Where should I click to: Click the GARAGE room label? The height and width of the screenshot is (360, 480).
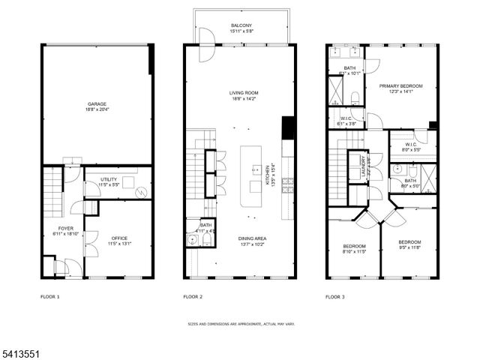coord(95,103)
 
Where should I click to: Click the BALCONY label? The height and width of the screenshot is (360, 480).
coord(241,25)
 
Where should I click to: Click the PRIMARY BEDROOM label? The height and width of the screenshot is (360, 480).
coord(400,86)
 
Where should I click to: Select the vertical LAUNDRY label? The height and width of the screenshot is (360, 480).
coord(364,165)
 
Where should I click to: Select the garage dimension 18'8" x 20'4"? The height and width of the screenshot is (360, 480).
coord(95,109)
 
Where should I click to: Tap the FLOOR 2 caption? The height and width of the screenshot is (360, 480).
coord(193,297)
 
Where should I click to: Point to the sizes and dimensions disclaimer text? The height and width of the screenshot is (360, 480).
coord(240,325)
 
